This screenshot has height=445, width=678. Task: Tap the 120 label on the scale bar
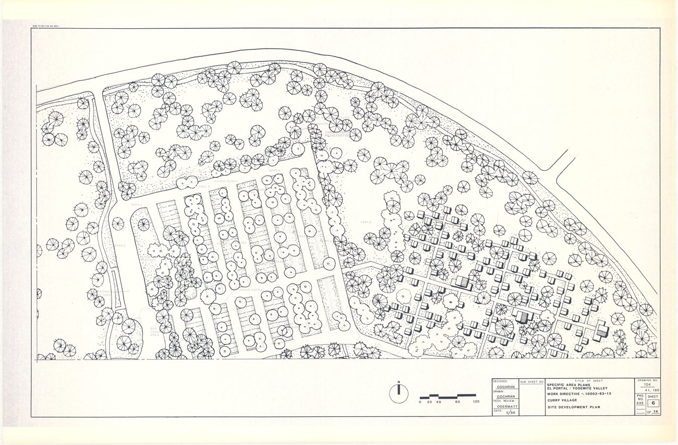pyautogui.click(x=475, y=402)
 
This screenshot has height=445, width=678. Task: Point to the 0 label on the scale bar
pyautogui.click(x=420, y=402)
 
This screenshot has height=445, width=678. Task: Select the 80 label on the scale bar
pyautogui.click(x=457, y=402)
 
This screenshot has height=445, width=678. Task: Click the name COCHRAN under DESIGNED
pyautogui.click(x=504, y=387)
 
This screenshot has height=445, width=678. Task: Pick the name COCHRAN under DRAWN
pyautogui.click(x=504, y=396)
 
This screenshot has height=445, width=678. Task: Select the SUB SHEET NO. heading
pyautogui.click(x=532, y=381)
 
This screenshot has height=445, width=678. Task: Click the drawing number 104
pyautogui.click(x=648, y=385)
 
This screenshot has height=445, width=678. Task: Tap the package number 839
pyautogui.click(x=640, y=403)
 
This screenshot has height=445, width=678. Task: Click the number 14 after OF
pyautogui.click(x=656, y=412)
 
